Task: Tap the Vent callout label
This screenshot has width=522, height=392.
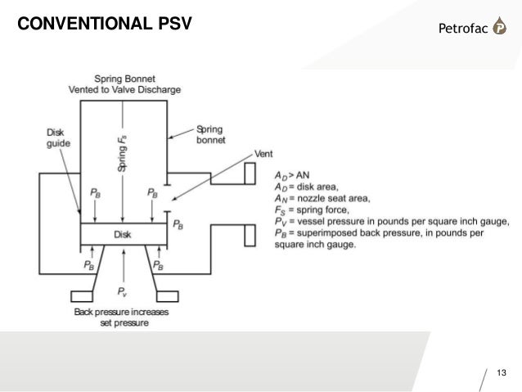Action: pyautogui.click(x=264, y=153)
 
